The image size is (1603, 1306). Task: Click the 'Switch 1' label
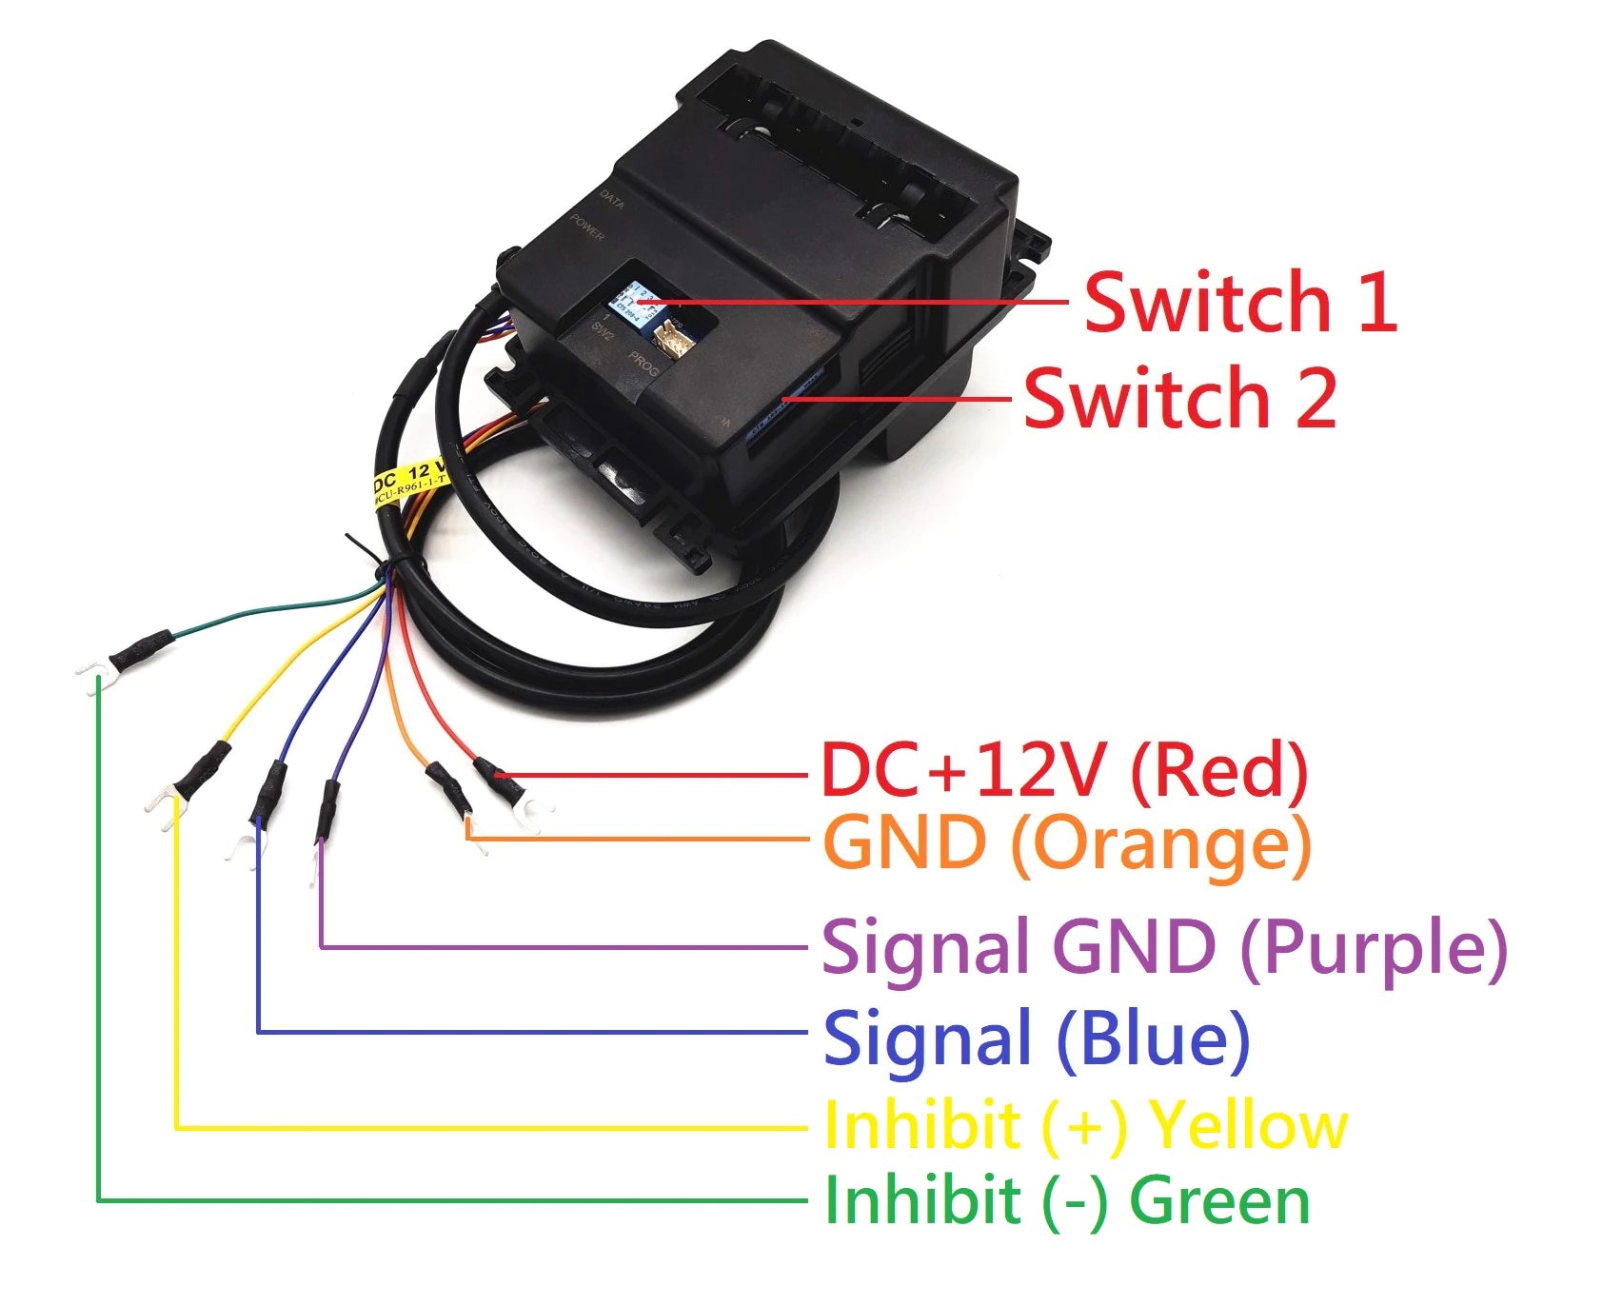tap(1239, 302)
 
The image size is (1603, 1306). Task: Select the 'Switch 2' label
tap(1179, 397)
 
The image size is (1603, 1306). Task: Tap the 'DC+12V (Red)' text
tap(1064, 771)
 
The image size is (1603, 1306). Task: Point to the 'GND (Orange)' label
tap(1066, 843)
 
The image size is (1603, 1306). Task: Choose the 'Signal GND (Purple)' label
tap(1164, 948)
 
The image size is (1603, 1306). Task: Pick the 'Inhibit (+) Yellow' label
tap(1085, 1125)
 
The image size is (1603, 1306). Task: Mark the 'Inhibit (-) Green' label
tap(1066, 1200)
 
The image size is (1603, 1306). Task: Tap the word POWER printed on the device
tap(587, 228)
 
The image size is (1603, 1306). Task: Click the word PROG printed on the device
tap(643, 365)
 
